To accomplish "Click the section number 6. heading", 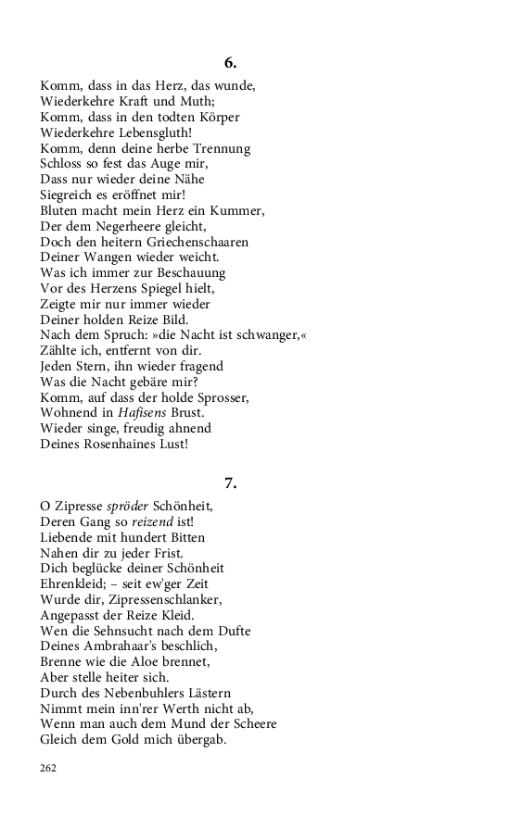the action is tap(230, 63).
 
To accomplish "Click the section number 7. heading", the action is tap(230, 483).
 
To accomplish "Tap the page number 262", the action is tap(48, 768).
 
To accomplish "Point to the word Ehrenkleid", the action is tap(77, 583).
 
